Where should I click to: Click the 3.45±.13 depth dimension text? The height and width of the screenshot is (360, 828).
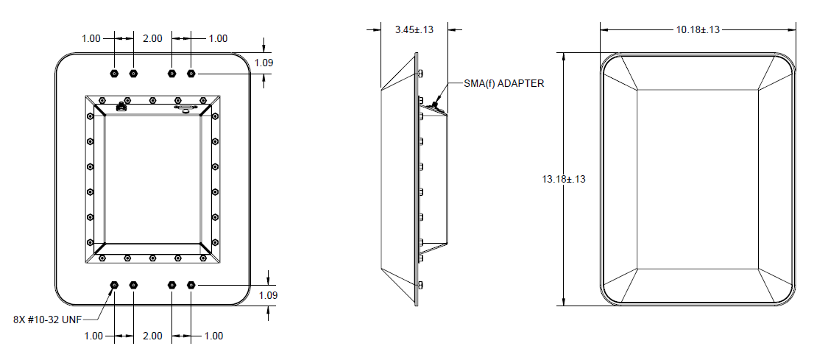pos(414,30)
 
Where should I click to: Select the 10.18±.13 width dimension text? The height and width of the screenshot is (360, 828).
pos(698,29)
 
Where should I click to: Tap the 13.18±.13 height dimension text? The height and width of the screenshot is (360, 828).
pos(564,179)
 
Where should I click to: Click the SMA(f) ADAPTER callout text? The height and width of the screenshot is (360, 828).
pos(504,83)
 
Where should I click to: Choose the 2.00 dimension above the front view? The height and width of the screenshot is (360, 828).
pos(152,38)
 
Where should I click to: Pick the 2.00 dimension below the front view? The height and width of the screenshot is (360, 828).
pos(152,336)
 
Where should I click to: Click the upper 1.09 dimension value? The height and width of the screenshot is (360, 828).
pos(264,63)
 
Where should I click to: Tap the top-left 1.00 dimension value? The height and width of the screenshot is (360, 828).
pos(91,38)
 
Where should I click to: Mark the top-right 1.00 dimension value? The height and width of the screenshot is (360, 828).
pos(219,38)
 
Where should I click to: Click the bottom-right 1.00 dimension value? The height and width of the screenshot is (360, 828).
pos(213,336)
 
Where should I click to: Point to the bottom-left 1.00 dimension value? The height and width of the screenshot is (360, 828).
pos(93,336)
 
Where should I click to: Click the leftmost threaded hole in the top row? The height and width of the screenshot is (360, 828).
pos(114,74)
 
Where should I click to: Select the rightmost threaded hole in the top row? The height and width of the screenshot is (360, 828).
pos(191,74)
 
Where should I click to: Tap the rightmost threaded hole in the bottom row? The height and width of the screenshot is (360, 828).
pos(191,284)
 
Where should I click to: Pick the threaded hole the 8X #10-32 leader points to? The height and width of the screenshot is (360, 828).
pos(114,284)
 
